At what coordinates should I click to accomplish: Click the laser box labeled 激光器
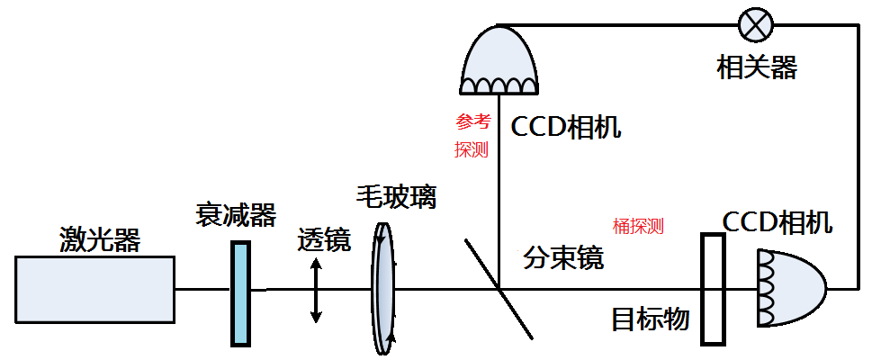pos(94,288)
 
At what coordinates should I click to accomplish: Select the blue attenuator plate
pos(239,292)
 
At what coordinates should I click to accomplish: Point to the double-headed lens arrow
pos(315,291)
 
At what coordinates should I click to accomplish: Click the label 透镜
pos(324,239)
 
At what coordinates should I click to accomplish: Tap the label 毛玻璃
pos(396,196)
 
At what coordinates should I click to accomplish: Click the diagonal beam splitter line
pos(499,288)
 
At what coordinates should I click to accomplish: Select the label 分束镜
pos(563,257)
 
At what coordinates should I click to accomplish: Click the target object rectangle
pos(713,289)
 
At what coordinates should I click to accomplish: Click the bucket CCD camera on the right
pos(789,288)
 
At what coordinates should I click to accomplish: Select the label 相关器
pos(757,67)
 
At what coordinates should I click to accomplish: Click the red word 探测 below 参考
pos(472,149)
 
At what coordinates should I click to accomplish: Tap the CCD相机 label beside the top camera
pos(565,127)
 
